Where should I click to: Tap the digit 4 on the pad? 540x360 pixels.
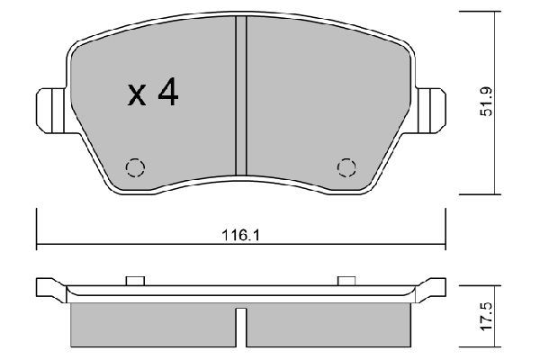coord(166,94)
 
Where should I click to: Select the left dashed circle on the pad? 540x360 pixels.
coord(135,167)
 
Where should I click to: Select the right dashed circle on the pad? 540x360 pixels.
coord(346,167)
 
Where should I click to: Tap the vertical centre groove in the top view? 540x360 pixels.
coord(240,99)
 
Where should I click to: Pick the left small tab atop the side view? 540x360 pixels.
coord(136,280)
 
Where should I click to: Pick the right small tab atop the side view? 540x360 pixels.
coord(345,280)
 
